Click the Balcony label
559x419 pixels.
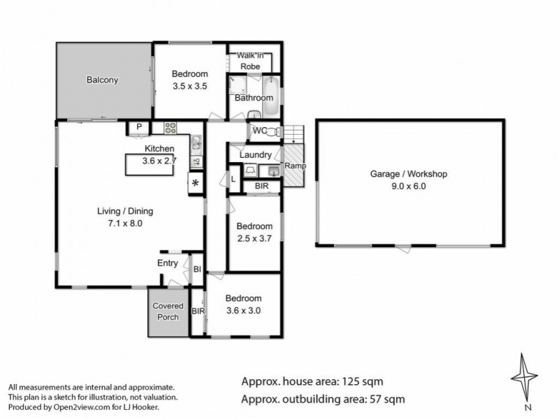tap(102, 80)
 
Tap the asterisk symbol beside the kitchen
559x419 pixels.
tap(195, 183)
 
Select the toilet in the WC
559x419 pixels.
tap(273, 131)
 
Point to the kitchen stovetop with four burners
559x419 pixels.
tap(170, 128)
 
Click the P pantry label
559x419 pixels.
tap(139, 127)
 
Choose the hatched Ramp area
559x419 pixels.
tap(294, 165)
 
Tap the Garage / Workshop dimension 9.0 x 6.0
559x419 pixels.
tap(409, 186)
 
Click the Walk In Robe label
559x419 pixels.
tap(250, 61)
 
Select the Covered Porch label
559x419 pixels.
tap(168, 311)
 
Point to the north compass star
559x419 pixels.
tap(523, 377)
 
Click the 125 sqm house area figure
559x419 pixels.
tap(363, 381)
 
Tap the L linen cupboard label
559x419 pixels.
tap(233, 179)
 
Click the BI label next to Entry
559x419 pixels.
tap(197, 270)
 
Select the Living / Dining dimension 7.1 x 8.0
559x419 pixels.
tap(125, 223)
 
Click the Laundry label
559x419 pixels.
tap(255, 155)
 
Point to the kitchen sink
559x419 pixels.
tap(196, 143)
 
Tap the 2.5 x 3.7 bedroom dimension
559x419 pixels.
tap(254, 238)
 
